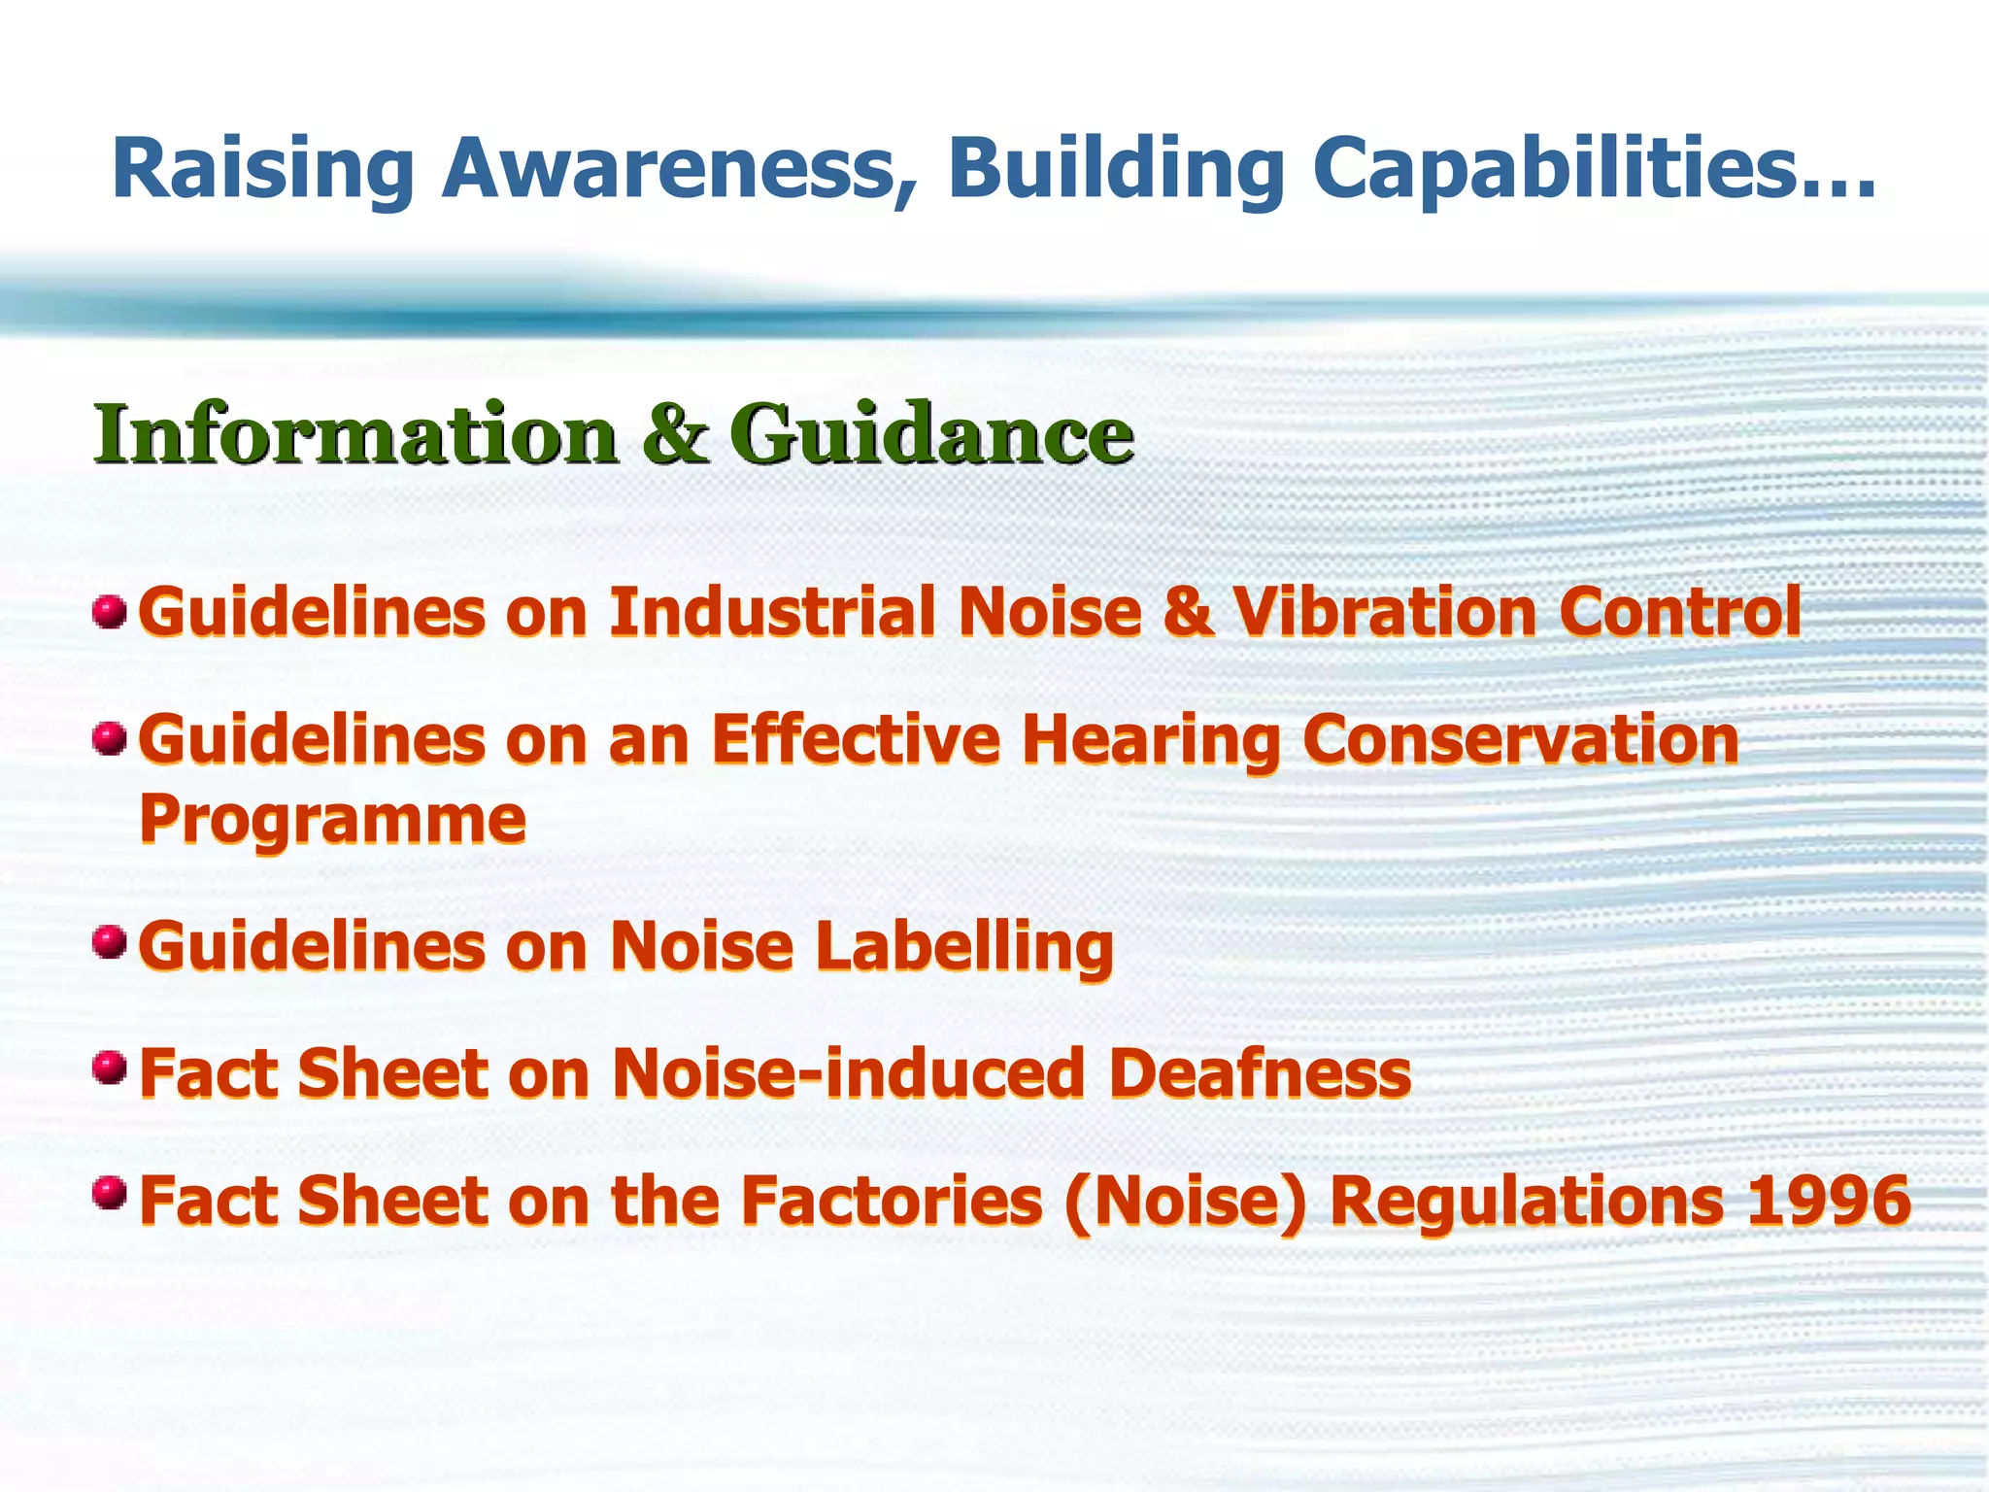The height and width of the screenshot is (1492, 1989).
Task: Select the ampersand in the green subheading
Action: tap(674, 434)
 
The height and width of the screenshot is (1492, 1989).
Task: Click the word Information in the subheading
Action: tap(355, 434)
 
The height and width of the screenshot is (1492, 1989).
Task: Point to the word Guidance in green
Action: tap(931, 434)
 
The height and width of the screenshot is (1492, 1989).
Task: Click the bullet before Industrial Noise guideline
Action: tap(110, 613)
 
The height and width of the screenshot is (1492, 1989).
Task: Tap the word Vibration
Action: tap(1384, 613)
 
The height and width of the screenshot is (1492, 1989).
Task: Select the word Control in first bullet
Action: tap(1680, 613)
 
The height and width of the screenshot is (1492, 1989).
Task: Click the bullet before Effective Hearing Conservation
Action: tap(110, 739)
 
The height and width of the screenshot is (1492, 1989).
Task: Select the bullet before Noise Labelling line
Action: tap(110, 942)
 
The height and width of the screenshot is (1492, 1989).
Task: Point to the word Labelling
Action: tap(964, 947)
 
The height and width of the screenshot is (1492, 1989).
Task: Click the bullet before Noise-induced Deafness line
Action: tap(110, 1068)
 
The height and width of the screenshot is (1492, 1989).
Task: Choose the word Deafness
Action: tap(1259, 1073)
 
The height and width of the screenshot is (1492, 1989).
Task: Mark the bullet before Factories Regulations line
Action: tap(110, 1193)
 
